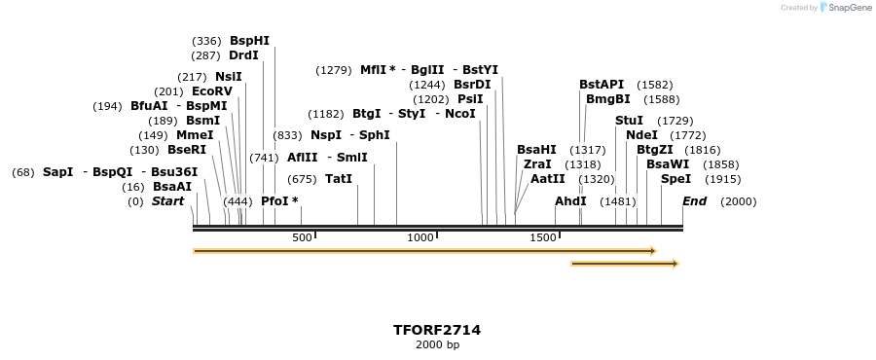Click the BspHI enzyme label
(249, 41)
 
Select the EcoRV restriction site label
(212, 91)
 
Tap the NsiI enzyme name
(229, 77)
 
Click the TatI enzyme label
(339, 179)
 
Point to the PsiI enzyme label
(470, 99)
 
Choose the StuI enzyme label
(629, 121)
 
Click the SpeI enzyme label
(675, 179)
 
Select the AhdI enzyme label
(570, 201)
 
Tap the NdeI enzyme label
(641, 135)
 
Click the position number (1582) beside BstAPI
(654, 85)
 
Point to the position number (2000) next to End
(738, 201)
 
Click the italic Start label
(167, 201)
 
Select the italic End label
(695, 201)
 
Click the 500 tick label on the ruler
(302, 237)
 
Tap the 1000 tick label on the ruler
(420, 237)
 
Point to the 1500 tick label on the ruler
(542, 237)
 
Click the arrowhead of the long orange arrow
(653, 251)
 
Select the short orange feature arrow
(624, 264)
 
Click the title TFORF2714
(437, 330)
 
